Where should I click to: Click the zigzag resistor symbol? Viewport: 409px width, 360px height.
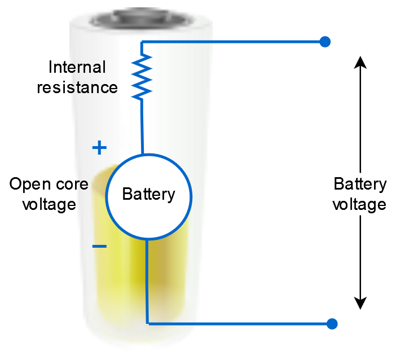[x=142, y=77]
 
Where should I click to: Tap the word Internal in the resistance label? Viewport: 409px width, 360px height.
[x=77, y=68]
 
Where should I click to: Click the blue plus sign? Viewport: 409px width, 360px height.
[x=99, y=148]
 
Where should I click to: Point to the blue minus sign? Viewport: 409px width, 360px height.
[x=99, y=246]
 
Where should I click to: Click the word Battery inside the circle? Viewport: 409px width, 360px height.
[x=149, y=195]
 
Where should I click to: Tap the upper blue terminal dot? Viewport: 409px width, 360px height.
[x=324, y=42]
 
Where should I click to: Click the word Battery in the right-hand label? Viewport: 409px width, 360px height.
[x=360, y=185]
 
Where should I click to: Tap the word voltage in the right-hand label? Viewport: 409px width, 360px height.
[x=359, y=204]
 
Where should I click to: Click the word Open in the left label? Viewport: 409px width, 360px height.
[x=28, y=185]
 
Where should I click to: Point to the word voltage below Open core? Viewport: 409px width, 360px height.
[x=49, y=204]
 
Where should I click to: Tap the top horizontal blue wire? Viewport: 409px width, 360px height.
[x=231, y=42]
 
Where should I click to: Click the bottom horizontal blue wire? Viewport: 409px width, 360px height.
[x=237, y=324]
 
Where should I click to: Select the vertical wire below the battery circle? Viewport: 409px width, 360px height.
[x=147, y=282]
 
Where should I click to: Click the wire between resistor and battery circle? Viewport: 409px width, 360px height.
[x=142, y=127]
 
